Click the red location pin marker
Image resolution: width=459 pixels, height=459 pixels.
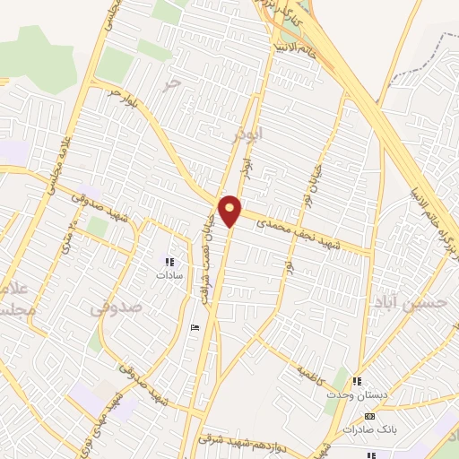230,209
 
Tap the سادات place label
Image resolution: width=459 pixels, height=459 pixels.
169,276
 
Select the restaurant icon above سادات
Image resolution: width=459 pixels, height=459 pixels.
169,262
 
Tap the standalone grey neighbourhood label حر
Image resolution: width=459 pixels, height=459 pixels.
171,82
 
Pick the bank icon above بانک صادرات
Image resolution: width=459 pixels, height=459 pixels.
370,417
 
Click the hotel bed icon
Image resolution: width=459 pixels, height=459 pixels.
196,329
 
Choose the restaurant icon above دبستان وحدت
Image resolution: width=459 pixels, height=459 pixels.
358,382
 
